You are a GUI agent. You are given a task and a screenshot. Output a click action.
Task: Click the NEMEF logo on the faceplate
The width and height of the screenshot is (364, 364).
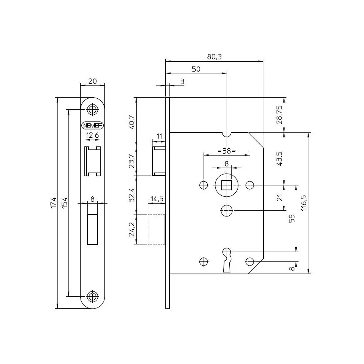[92, 126]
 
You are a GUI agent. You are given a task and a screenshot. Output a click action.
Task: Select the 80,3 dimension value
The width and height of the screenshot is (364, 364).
[214, 56]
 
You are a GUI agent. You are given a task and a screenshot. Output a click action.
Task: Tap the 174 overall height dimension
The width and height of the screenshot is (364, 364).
[54, 203]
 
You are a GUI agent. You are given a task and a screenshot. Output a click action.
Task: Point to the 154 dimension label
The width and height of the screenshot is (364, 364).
[65, 203]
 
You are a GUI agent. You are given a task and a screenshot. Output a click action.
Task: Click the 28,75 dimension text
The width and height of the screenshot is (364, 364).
[280, 115]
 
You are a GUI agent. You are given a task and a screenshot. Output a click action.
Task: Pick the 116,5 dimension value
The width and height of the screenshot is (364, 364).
[304, 203]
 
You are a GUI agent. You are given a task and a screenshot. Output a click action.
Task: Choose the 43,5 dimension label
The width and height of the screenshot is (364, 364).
[280, 159]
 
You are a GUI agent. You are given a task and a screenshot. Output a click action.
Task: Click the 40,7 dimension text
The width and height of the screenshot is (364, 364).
[132, 122]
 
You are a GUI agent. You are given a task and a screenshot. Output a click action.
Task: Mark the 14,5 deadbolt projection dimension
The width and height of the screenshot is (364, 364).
[157, 199]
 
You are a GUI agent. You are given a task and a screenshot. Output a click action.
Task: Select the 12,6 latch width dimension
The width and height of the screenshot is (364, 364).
[92, 135]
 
